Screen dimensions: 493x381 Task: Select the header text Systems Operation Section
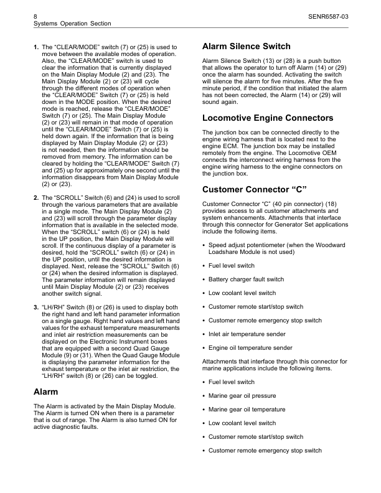click(71, 23)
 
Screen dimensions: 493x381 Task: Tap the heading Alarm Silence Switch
click(247, 47)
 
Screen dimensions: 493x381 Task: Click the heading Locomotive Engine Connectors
click(268, 118)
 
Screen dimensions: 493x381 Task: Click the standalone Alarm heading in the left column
click(45, 392)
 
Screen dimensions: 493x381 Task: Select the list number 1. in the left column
click(35, 47)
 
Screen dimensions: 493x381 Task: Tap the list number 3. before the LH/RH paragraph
click(35, 307)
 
